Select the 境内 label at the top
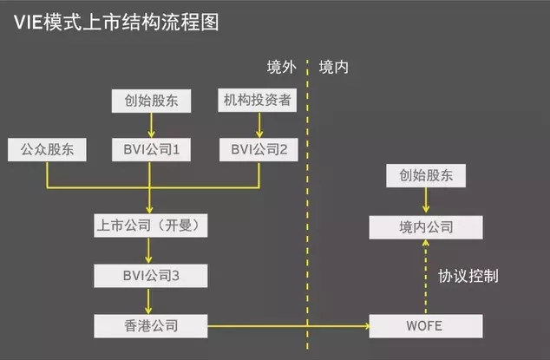tap(334, 66)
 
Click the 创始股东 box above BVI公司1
tap(151, 101)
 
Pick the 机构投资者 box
tap(259, 101)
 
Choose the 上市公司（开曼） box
tap(151, 227)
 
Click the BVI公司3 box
tap(151, 277)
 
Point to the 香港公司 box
tap(151, 326)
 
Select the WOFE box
tap(425, 326)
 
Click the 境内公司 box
tap(425, 227)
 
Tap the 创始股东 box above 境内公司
tap(425, 177)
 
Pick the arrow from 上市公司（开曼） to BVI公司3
tap(151, 252)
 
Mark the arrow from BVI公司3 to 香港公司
tap(151, 301)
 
